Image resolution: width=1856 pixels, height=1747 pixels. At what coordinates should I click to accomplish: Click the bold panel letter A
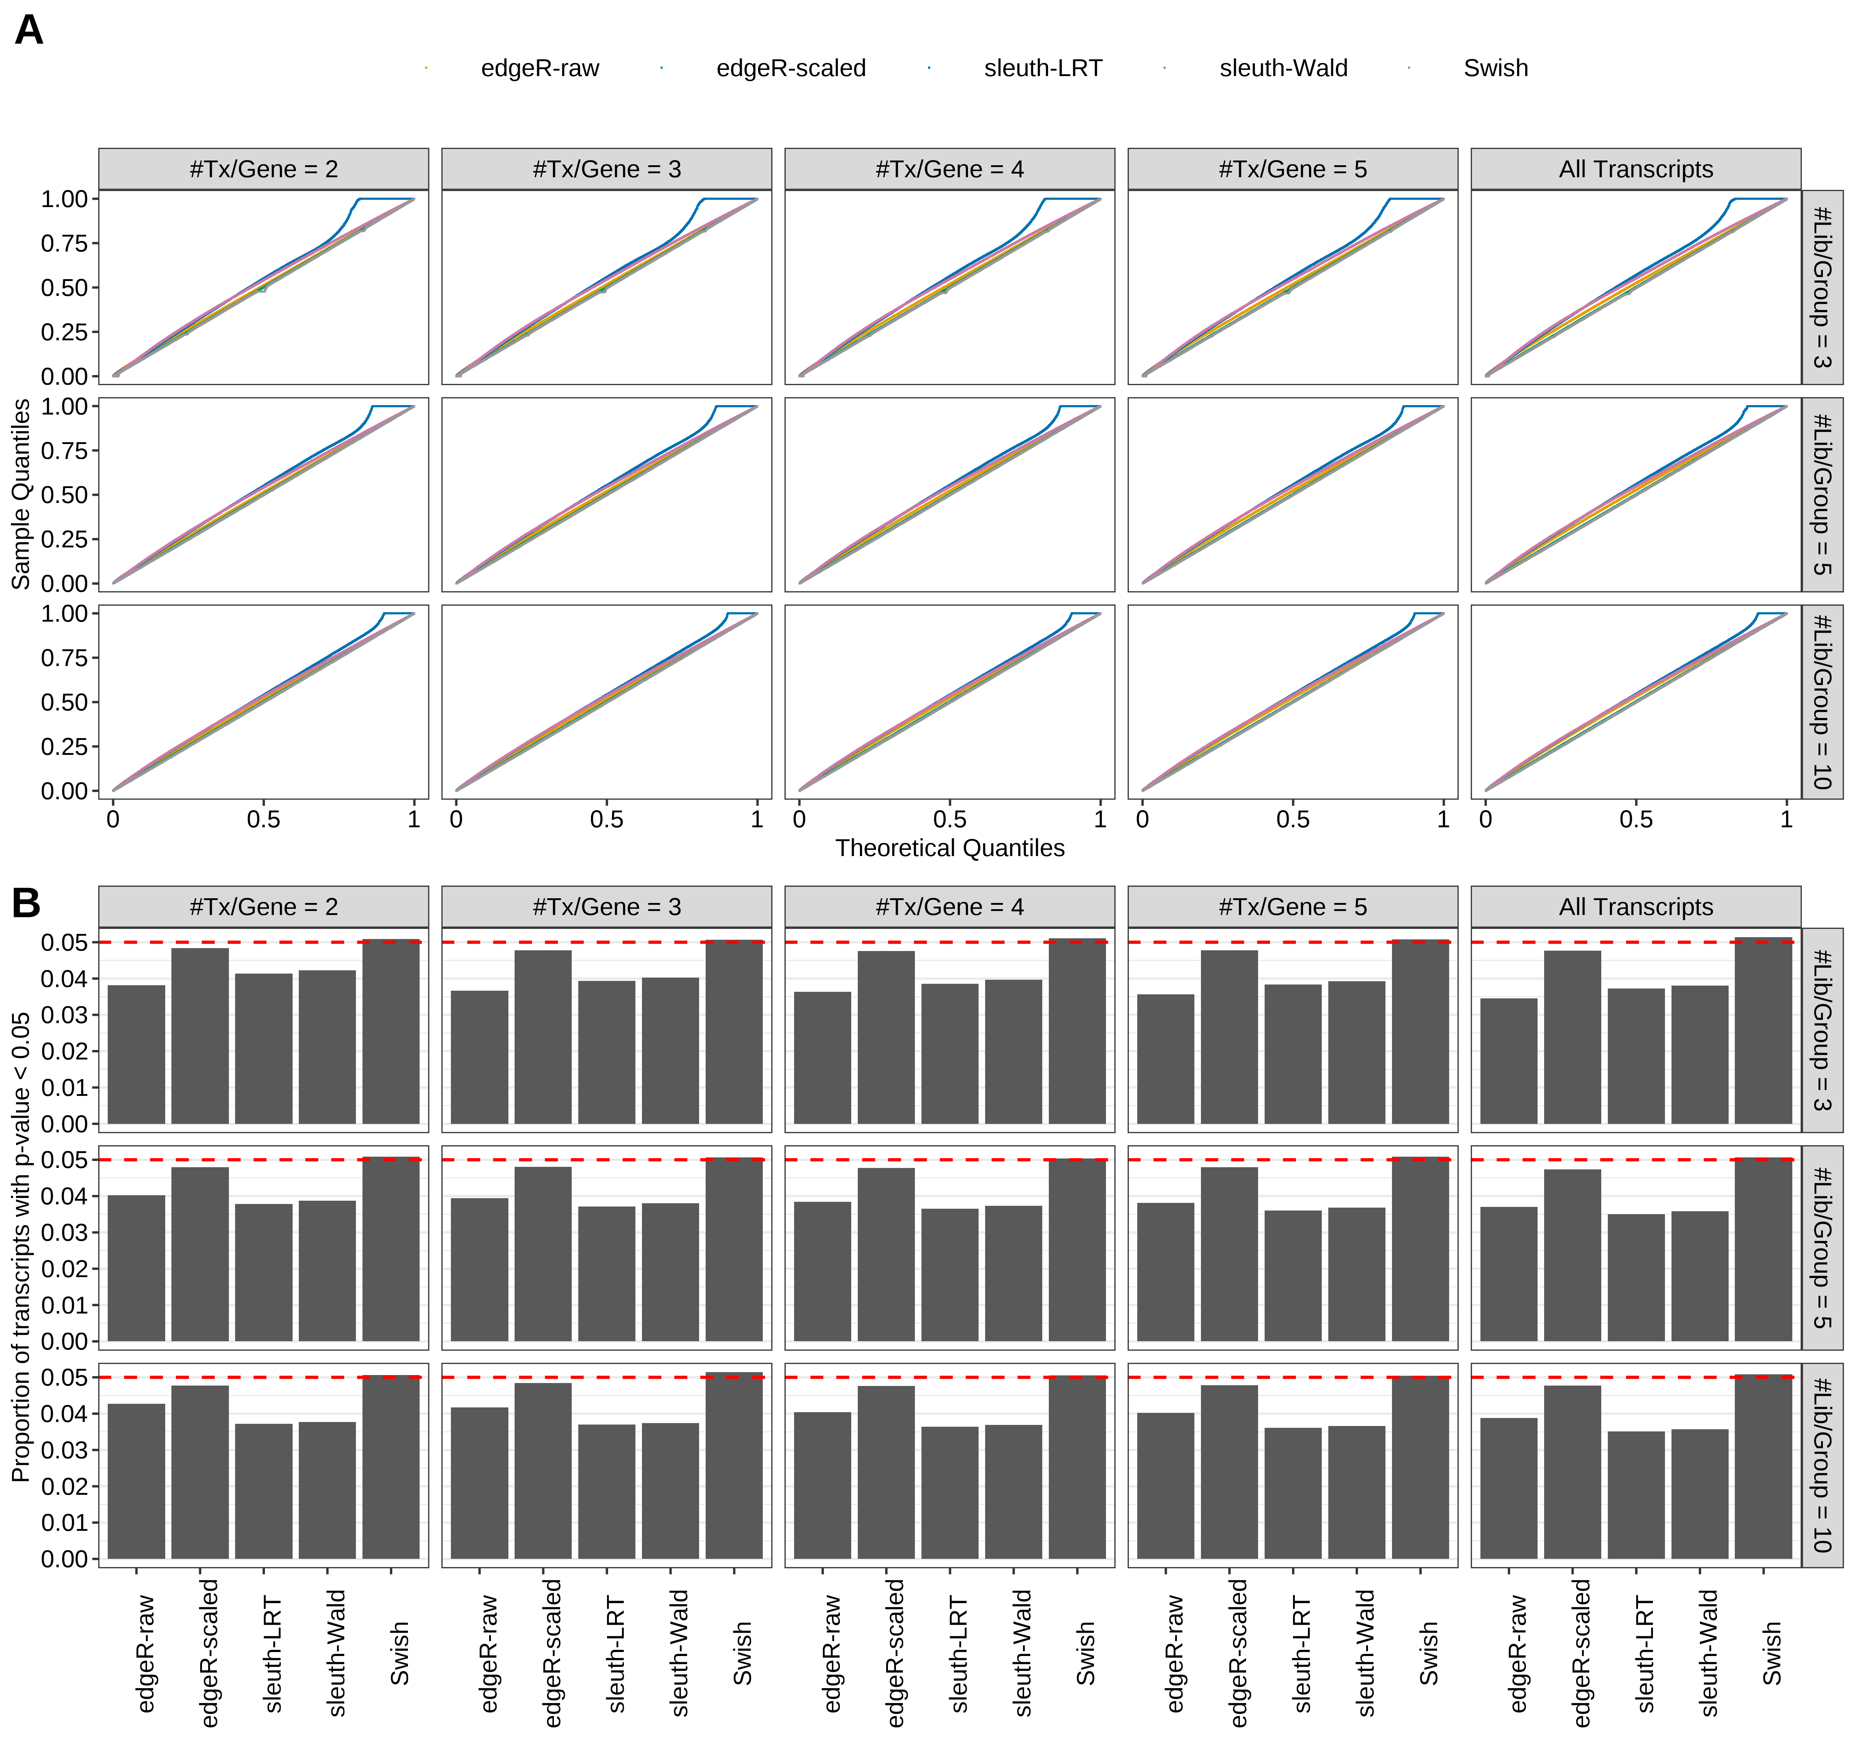click(29, 31)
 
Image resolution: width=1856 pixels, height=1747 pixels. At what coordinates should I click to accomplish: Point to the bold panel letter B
click(26, 903)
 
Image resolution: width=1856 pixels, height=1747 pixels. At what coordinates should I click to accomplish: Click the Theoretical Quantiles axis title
click(949, 848)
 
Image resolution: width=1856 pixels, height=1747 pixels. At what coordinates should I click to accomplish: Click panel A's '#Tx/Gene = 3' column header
click(607, 169)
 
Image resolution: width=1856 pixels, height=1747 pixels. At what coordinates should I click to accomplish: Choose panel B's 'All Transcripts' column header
click(1636, 907)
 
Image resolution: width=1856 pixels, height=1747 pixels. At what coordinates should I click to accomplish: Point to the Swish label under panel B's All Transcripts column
click(1771, 1653)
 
